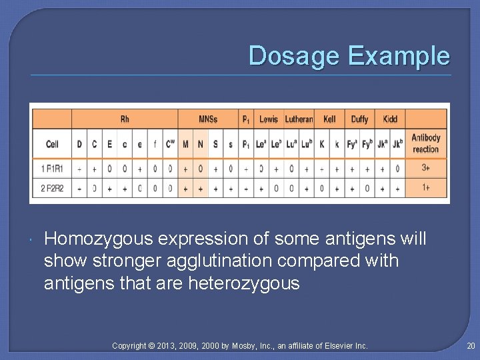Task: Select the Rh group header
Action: tap(125, 119)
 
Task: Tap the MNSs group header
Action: tap(208, 119)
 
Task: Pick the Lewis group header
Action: tap(269, 119)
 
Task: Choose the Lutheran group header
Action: tap(299, 119)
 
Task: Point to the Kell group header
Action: tap(329, 119)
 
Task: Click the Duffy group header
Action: tap(359, 119)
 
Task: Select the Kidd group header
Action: tap(390, 119)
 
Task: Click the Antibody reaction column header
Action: tap(425, 143)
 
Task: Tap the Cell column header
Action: tap(52, 144)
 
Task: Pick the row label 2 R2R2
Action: tap(52, 188)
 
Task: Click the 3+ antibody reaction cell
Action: tap(426, 169)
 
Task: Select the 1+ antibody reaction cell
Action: tap(426, 187)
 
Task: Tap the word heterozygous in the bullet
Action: tap(245, 284)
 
